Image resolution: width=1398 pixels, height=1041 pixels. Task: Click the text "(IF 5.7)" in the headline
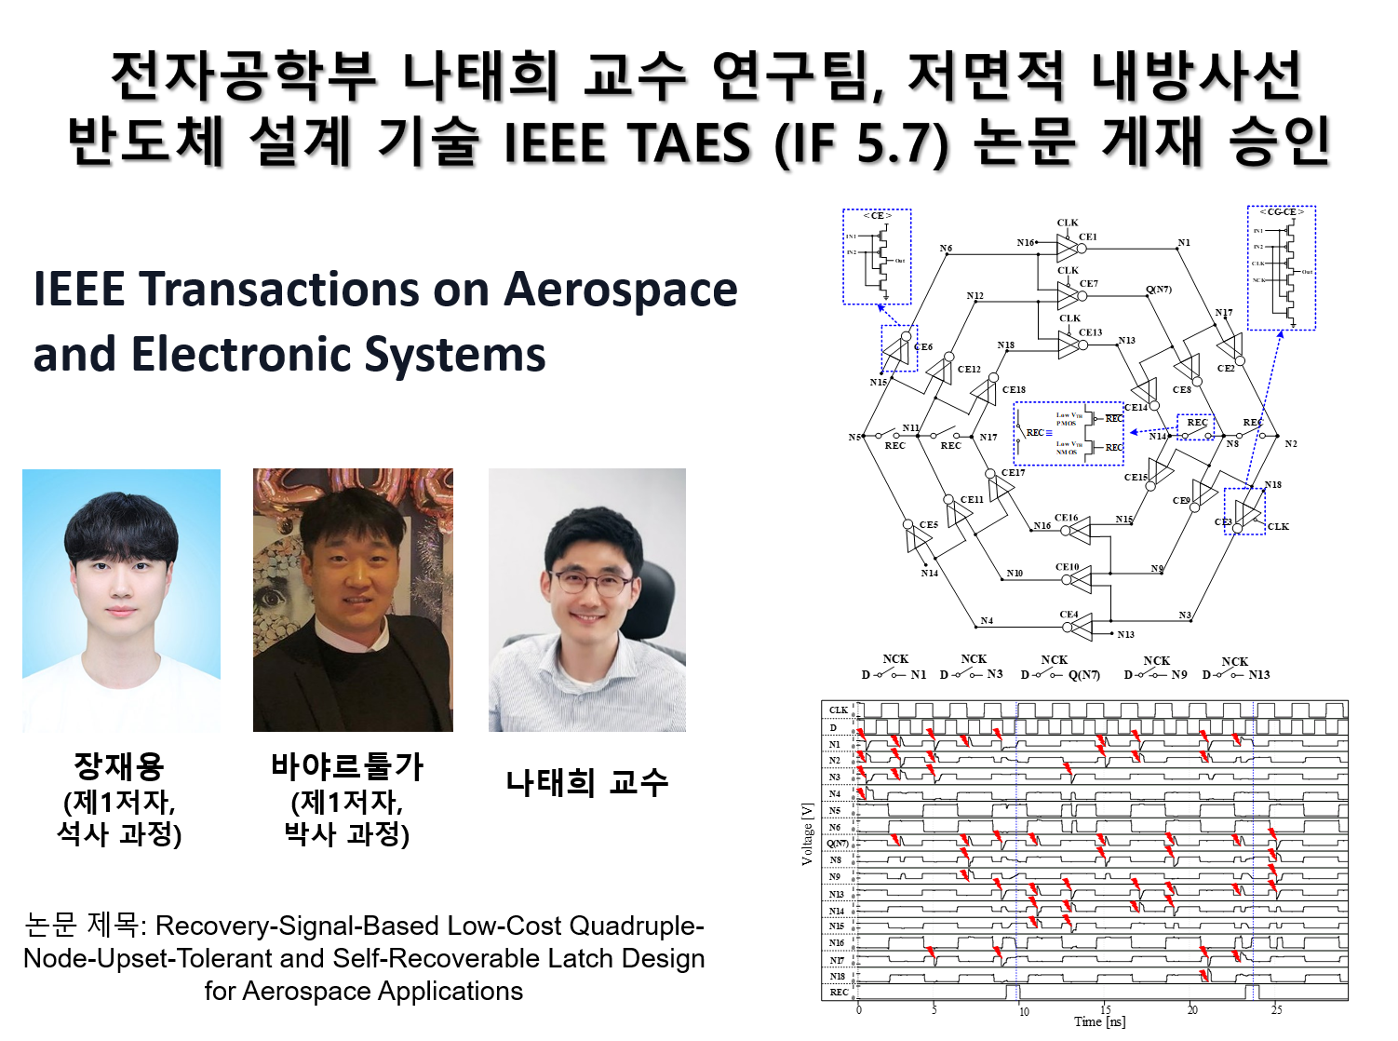tap(861, 144)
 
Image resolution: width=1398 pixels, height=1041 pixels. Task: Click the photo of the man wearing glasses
tap(587, 600)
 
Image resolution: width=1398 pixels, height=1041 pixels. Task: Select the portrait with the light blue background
tap(121, 600)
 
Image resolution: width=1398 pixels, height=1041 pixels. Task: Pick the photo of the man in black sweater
tap(353, 600)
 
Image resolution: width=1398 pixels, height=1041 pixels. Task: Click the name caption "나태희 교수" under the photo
tap(587, 782)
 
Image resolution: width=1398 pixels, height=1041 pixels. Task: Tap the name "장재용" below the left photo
tap(119, 766)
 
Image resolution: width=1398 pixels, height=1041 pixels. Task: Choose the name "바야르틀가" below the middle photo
tap(347, 766)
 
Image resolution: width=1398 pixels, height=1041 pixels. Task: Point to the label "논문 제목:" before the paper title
tap(82, 926)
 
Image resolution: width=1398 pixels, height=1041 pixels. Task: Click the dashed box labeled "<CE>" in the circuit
tap(877, 257)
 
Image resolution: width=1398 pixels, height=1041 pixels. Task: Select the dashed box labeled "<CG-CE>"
tap(1281, 268)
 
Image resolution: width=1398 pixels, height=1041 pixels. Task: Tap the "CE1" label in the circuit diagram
tap(1087, 237)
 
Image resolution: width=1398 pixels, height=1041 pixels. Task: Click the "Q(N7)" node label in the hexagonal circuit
tap(1158, 290)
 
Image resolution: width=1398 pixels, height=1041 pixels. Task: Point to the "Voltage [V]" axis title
tap(807, 833)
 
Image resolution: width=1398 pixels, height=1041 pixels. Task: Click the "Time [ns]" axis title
tap(1099, 1021)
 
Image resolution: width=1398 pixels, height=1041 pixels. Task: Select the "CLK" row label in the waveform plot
tap(838, 710)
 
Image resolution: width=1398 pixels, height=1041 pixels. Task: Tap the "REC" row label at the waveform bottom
tap(839, 992)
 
